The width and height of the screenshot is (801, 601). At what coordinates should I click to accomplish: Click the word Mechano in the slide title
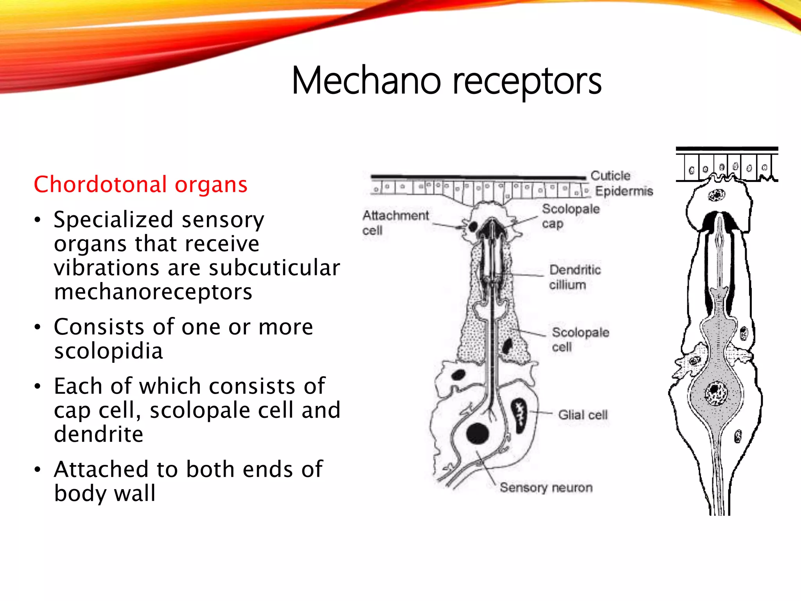click(366, 81)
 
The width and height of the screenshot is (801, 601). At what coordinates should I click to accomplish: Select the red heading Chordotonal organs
click(140, 184)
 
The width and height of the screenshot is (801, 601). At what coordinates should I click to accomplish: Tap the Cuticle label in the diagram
click(610, 176)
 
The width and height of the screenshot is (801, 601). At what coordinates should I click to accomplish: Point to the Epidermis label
click(624, 191)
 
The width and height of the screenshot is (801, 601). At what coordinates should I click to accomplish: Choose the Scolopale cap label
click(570, 216)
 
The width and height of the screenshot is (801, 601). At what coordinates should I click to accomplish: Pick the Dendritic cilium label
click(574, 277)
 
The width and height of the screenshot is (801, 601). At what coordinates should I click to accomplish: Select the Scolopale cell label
click(580, 340)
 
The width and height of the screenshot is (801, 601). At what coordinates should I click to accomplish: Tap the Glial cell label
click(583, 415)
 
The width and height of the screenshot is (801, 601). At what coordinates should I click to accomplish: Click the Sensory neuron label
click(546, 488)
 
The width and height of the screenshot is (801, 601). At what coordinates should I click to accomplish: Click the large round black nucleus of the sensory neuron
click(478, 434)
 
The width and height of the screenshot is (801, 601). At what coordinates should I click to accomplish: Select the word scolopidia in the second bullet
click(108, 351)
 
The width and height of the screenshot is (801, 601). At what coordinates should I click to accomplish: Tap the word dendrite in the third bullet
click(99, 434)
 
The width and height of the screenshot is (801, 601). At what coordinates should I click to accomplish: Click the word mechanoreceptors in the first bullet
click(153, 292)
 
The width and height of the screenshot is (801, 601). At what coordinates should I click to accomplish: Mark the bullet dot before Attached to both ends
click(37, 469)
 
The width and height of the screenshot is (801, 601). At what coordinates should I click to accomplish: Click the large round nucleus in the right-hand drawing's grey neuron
click(716, 393)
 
